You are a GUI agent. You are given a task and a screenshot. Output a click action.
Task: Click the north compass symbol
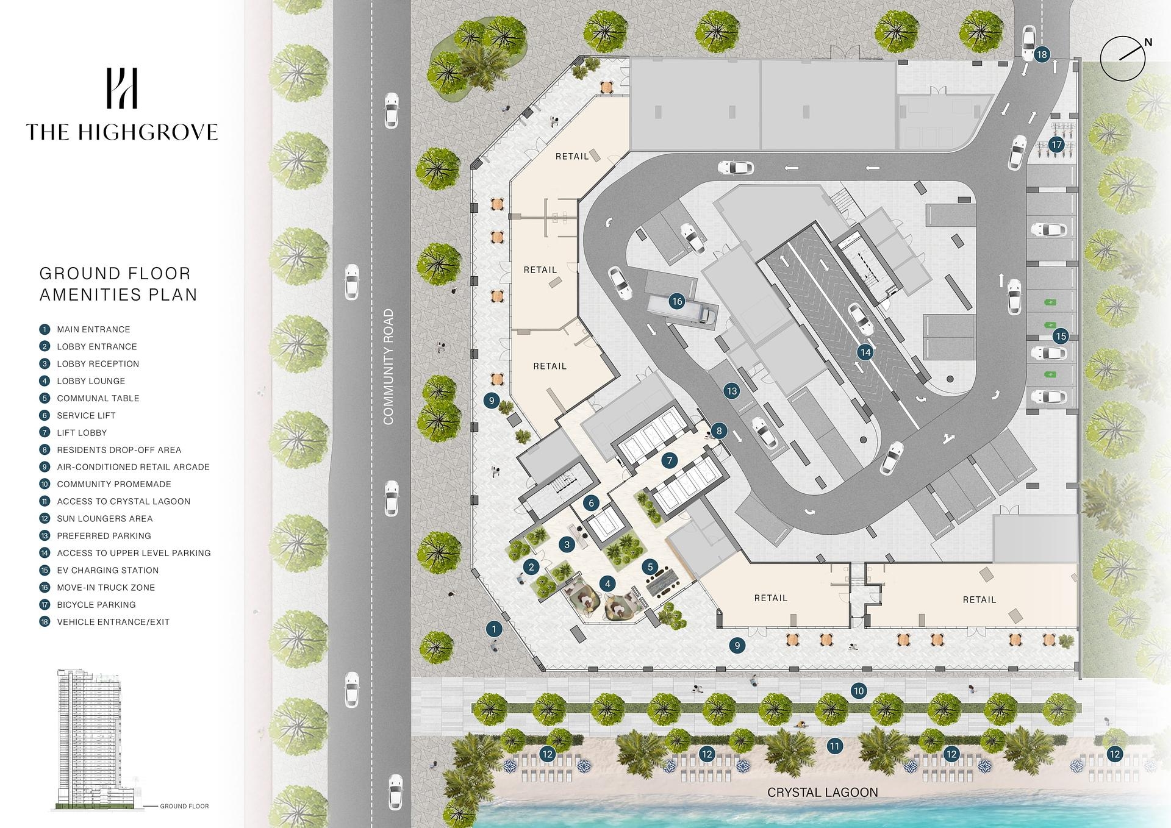click(1123, 59)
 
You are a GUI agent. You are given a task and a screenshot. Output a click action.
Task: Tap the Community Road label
click(389, 366)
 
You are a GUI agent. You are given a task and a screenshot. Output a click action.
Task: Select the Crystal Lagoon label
click(822, 792)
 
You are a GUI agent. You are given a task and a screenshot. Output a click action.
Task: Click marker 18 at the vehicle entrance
click(1042, 54)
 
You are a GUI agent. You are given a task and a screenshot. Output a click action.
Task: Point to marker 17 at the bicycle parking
click(1056, 145)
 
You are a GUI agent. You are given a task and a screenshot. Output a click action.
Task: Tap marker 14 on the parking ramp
click(865, 352)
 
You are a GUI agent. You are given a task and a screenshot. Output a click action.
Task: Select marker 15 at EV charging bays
click(1061, 336)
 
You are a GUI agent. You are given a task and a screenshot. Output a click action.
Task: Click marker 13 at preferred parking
click(732, 391)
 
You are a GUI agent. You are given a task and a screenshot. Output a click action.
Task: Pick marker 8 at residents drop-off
click(719, 431)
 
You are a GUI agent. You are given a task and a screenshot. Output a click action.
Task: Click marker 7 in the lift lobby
click(670, 460)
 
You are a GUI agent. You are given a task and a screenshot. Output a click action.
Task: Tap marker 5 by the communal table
click(650, 567)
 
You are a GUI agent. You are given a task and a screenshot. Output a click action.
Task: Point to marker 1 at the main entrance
click(493, 629)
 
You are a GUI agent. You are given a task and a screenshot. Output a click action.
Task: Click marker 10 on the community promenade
click(859, 691)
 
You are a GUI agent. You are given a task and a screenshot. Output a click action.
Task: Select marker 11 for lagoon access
click(834, 746)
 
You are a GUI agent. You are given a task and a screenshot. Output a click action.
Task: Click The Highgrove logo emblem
click(122, 88)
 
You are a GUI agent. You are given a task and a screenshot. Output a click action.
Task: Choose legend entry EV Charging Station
click(107, 570)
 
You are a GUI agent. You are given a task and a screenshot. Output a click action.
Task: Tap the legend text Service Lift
click(86, 415)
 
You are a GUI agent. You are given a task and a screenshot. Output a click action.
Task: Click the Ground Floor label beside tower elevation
click(184, 806)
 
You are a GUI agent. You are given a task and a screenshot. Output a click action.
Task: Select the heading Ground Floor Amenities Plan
click(118, 284)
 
